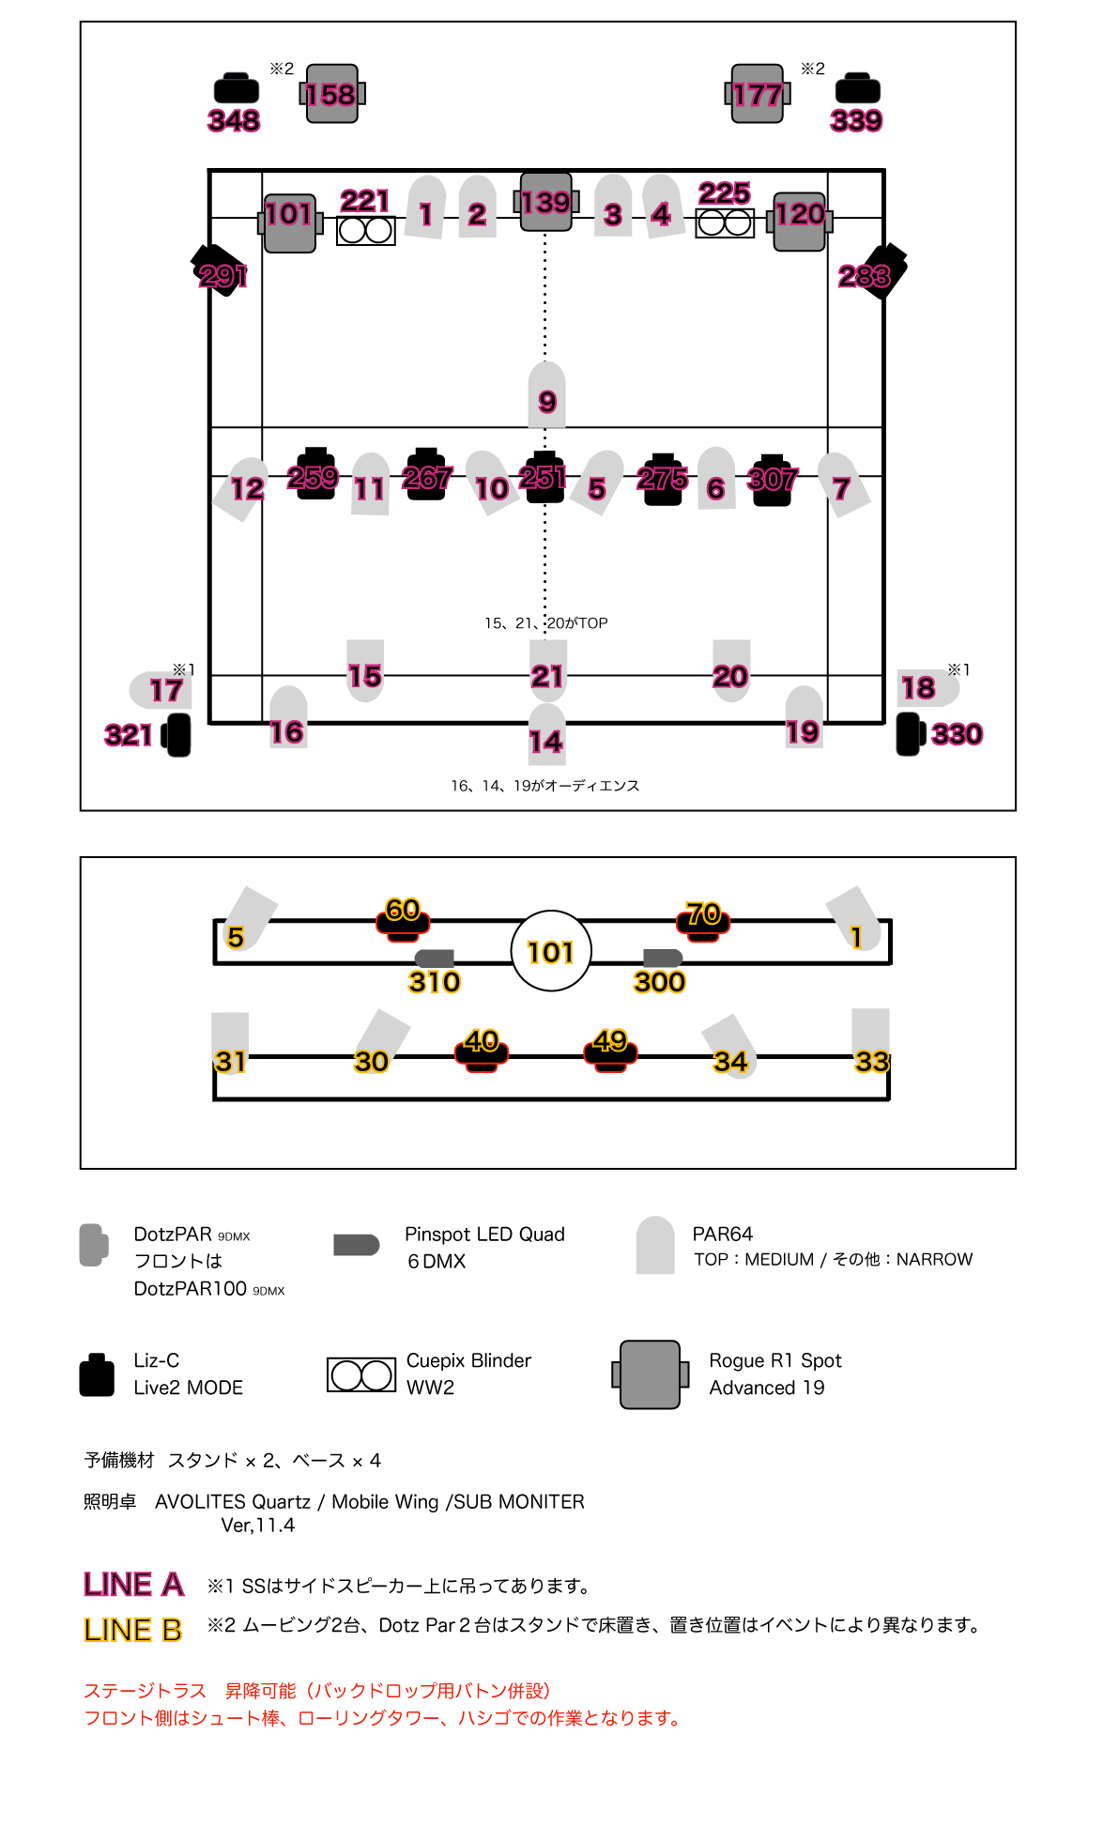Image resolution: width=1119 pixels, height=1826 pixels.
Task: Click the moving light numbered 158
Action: click(x=332, y=94)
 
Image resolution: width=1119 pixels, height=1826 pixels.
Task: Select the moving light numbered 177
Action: click(x=758, y=94)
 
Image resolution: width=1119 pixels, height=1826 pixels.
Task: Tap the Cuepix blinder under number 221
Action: click(x=366, y=230)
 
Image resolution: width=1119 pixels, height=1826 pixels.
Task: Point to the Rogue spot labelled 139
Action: click(x=545, y=202)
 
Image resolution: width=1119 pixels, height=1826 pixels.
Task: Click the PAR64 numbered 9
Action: click(x=547, y=395)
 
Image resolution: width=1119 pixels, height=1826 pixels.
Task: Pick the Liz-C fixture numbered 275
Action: click(x=663, y=480)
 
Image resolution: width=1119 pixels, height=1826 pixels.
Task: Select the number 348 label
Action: click(x=234, y=120)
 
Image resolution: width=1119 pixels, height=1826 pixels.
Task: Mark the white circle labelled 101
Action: click(x=551, y=951)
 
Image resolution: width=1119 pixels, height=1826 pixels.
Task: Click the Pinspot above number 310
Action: click(x=436, y=958)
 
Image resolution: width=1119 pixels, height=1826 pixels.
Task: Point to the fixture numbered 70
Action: click(x=703, y=919)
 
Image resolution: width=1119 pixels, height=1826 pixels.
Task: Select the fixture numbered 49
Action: click(x=610, y=1049)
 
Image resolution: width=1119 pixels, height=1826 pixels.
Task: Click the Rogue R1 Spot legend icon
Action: click(x=650, y=1374)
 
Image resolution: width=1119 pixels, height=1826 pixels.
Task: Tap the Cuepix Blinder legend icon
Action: click(x=361, y=1375)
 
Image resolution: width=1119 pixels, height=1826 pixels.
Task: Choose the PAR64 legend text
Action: click(x=723, y=1234)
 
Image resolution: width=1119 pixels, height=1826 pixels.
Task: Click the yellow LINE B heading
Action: click(x=132, y=1630)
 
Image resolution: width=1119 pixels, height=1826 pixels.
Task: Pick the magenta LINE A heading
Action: click(x=133, y=1584)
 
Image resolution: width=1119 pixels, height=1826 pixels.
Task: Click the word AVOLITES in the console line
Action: click(x=200, y=1501)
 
